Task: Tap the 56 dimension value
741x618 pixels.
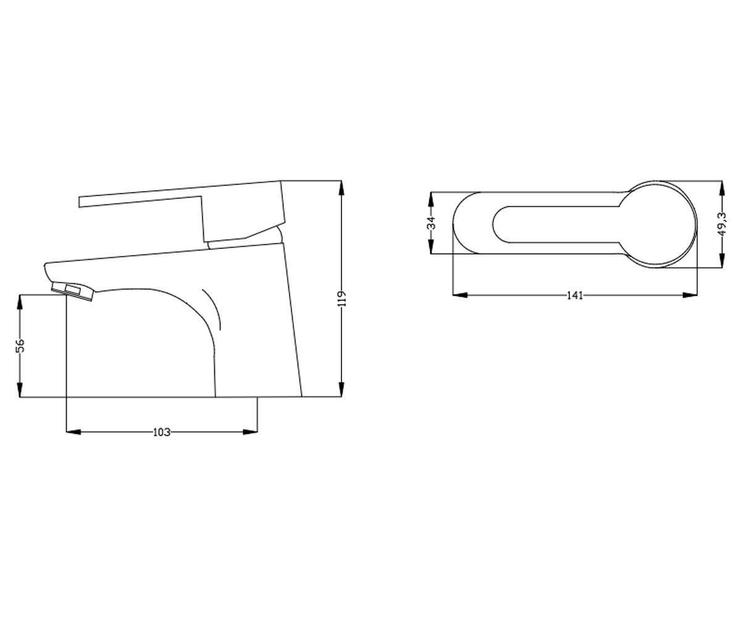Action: tap(20, 345)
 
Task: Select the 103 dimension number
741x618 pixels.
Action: tap(161, 432)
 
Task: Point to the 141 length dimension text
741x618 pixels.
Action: tap(574, 295)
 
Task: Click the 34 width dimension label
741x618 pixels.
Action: tap(431, 223)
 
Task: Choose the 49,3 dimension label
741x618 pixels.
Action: tap(722, 224)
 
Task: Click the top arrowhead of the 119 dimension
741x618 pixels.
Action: tap(341, 188)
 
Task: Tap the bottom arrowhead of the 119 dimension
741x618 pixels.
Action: tap(341, 389)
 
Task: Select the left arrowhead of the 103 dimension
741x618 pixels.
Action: tap(73, 432)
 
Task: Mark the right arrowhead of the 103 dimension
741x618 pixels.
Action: tap(250, 432)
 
